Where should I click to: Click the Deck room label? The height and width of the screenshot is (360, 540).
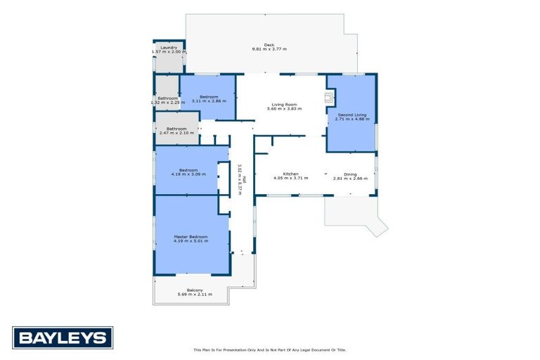[x=269, y=44]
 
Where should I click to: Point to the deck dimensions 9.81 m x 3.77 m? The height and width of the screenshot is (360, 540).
[x=269, y=49]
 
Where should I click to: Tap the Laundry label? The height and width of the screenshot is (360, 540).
[x=168, y=48]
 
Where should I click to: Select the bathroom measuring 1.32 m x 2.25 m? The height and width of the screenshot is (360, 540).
[x=167, y=101]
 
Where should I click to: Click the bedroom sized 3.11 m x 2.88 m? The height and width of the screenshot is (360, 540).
[x=209, y=98]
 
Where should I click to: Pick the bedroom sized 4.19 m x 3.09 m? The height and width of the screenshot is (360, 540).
[x=188, y=172]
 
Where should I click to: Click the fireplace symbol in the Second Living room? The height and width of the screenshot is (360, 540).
[x=328, y=97]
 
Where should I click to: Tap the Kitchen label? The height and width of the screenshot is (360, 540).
[x=291, y=174]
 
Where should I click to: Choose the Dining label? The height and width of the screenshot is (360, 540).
[x=349, y=174]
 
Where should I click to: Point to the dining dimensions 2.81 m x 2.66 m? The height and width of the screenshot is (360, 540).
[x=349, y=179]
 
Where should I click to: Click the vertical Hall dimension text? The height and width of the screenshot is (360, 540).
[x=240, y=179]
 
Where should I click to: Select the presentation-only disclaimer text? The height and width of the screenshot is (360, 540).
[x=269, y=349]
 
